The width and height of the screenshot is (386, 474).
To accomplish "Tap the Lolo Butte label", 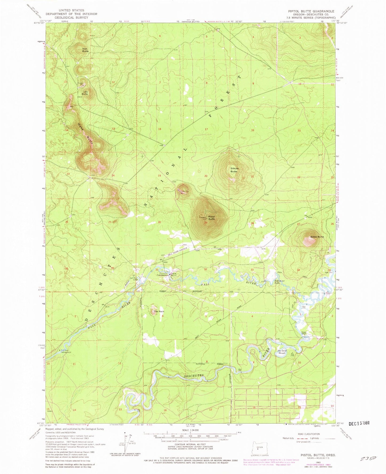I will click(85, 93).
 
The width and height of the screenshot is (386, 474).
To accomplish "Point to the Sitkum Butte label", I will click(234, 170).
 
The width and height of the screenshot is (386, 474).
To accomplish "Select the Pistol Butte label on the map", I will click(211, 217).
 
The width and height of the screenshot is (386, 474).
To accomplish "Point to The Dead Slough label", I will click(282, 352).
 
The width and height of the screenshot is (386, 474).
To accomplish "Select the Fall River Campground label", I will click(66, 351).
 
